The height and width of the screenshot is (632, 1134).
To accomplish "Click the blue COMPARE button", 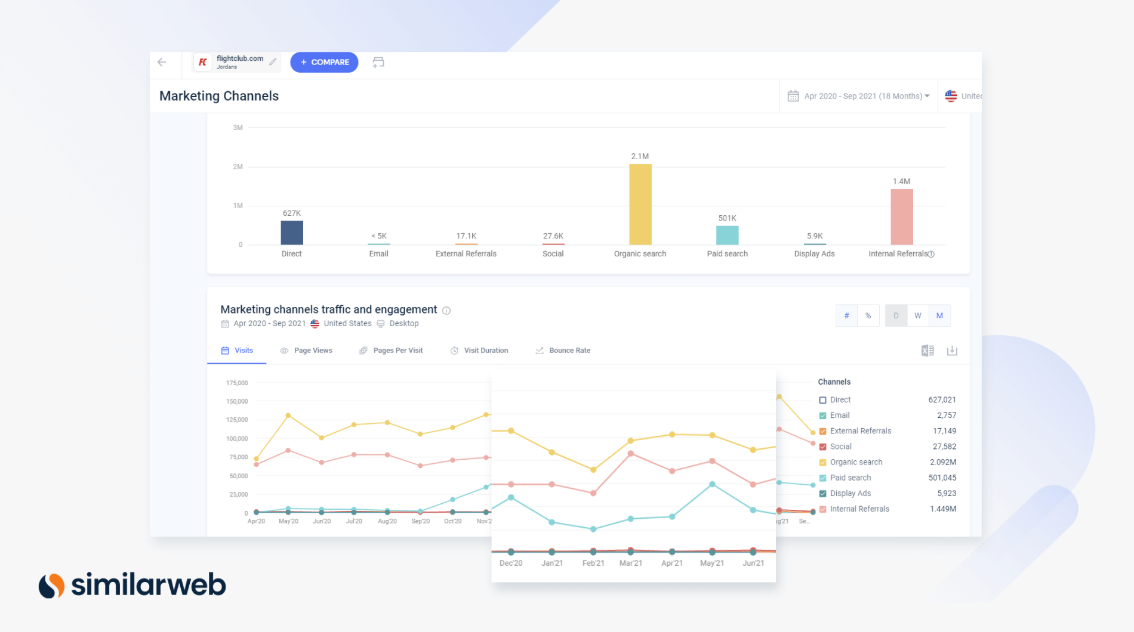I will pos(324,62).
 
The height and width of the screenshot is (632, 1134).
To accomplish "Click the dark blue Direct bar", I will pos(292,233).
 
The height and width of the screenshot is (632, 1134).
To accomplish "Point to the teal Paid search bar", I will pos(727,235).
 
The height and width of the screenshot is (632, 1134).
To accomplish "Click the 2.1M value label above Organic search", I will pos(640,156).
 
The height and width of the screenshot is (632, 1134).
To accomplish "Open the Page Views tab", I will pos(306,351).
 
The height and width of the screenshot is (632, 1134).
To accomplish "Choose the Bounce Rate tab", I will pos(563,351).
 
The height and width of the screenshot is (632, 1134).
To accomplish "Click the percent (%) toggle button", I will pos(868,315).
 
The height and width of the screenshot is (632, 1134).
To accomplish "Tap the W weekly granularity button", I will pos(917,315).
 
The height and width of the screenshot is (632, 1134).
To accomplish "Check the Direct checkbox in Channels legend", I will pos(822,400).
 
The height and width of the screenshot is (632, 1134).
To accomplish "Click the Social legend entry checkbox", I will pos(822,447).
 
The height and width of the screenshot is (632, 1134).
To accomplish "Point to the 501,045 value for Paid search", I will pos(942,478).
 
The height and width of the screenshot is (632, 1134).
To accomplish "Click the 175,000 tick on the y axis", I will pos(237,383).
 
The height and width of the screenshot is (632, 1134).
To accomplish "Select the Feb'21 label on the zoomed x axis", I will pos(593,563).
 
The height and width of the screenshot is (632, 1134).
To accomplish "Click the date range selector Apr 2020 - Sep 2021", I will pos(859,96).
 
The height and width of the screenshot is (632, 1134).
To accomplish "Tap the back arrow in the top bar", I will pos(162,62).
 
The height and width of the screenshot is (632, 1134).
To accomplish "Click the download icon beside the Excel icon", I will pos(952,351).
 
